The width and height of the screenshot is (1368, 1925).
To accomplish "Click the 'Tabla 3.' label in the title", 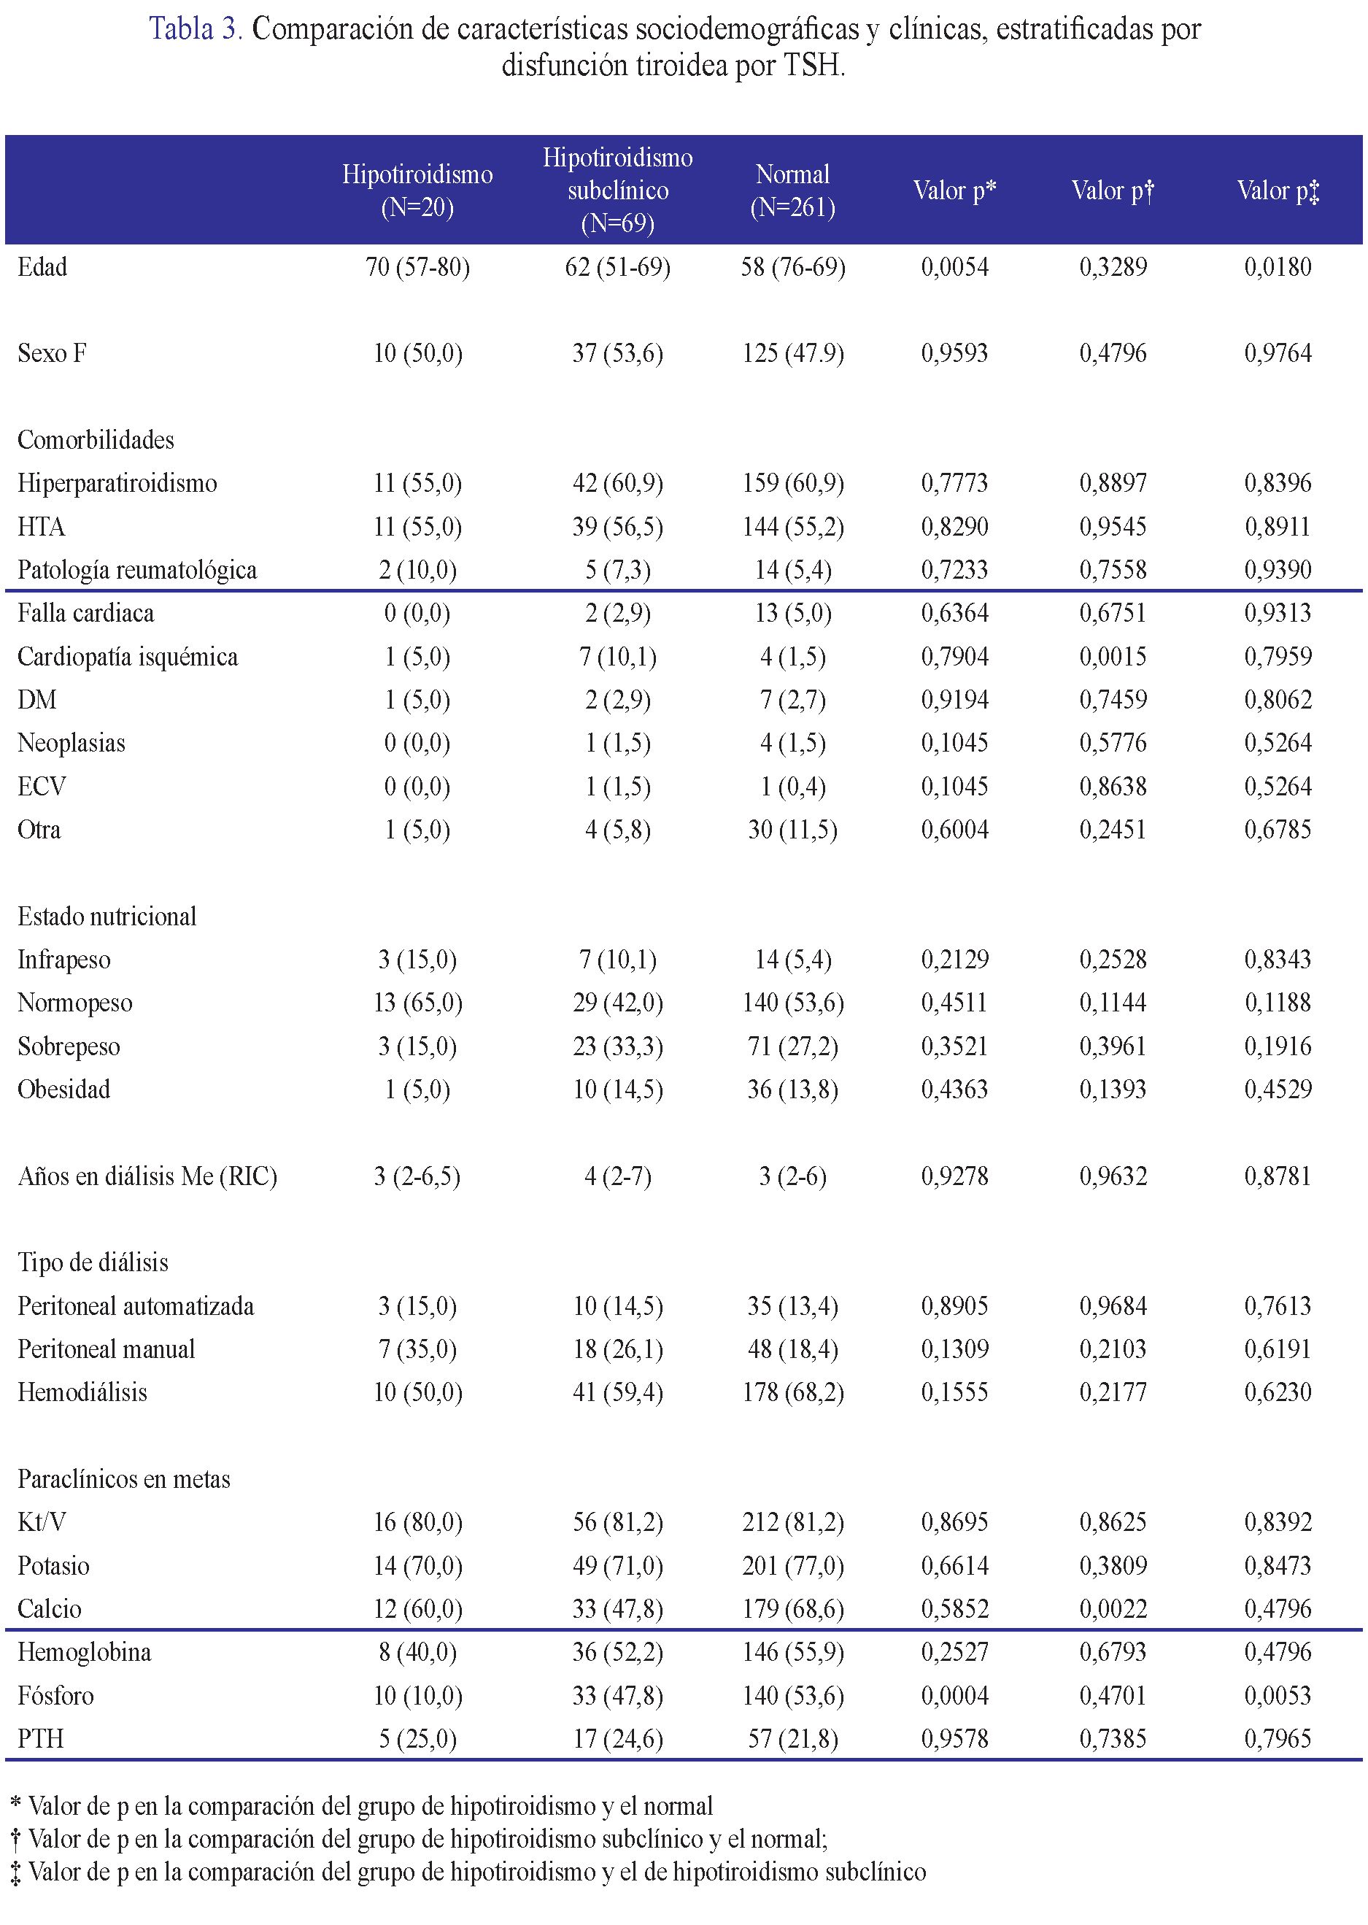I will [196, 29].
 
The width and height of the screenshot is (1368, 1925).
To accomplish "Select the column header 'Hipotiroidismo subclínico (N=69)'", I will [617, 190].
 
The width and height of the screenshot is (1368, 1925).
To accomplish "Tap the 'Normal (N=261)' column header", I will [792, 190].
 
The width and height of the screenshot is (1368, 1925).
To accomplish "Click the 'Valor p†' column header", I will [1113, 190].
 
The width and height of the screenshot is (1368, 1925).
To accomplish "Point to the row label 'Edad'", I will [42, 268].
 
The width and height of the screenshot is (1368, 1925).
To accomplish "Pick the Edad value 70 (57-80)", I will [417, 268].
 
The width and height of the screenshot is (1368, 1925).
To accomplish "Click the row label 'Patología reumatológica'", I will [137, 571].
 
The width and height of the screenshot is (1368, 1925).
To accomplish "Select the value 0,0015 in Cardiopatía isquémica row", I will [1113, 657].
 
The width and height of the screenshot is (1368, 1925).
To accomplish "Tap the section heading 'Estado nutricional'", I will [107, 917].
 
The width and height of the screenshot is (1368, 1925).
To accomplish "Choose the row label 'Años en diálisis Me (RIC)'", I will [147, 1176].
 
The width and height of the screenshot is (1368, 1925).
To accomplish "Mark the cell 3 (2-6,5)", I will [417, 1176].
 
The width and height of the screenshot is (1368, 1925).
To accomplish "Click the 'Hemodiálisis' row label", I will [82, 1392].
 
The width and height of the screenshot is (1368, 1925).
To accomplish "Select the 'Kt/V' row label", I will [42, 1522].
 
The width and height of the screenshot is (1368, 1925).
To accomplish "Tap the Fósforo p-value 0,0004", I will [954, 1695].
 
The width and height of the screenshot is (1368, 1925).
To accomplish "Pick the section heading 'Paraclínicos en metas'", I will [124, 1479].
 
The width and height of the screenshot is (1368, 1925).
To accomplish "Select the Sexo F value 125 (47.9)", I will [792, 354].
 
